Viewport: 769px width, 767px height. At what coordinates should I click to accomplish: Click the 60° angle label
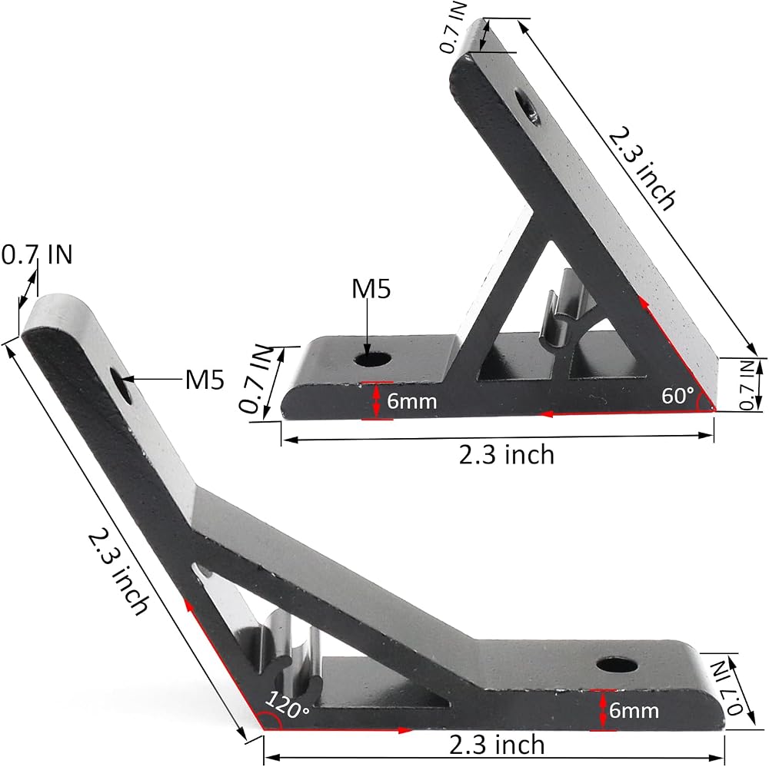click(x=678, y=395)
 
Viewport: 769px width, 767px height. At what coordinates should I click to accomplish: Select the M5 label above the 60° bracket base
click(x=371, y=289)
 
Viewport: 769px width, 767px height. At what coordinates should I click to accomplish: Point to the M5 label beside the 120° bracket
click(x=205, y=380)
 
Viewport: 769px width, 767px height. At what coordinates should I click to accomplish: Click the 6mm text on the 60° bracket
click(x=411, y=401)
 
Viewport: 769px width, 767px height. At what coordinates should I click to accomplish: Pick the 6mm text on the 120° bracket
click(x=634, y=710)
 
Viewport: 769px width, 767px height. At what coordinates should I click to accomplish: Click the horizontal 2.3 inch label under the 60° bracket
click(x=507, y=455)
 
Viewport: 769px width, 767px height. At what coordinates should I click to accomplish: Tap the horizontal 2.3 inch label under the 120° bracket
click(x=497, y=745)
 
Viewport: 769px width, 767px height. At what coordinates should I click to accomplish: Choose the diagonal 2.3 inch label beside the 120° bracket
click(x=118, y=571)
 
